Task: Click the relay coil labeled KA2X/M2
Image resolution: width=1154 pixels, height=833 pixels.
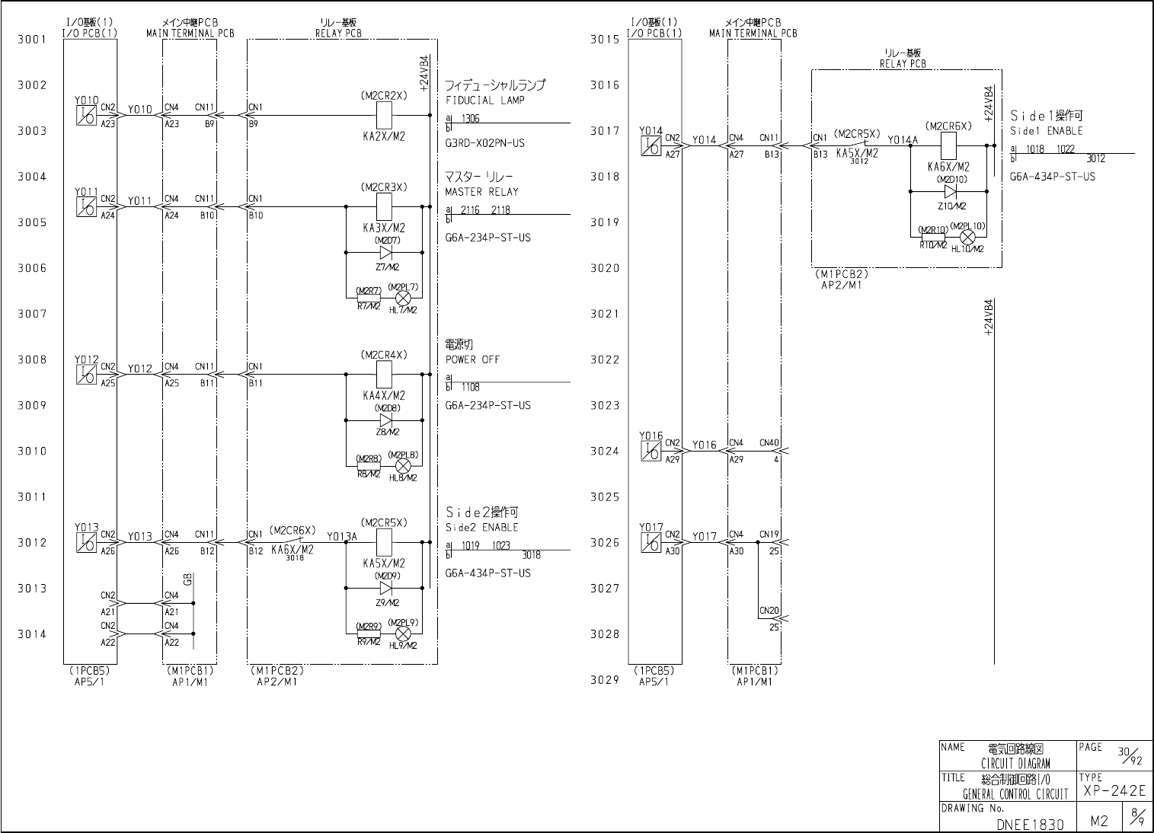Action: pyautogui.click(x=384, y=116)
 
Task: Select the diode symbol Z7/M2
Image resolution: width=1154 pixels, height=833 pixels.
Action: pyautogui.click(x=385, y=252)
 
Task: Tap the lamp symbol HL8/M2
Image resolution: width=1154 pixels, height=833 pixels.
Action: pyautogui.click(x=404, y=466)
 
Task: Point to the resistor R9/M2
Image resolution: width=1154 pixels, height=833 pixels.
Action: pyautogui.click(x=369, y=634)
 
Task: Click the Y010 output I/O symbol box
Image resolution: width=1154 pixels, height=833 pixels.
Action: pyautogui.click(x=86, y=115)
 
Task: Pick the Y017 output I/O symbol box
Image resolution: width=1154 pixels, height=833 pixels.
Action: pyautogui.click(x=651, y=542)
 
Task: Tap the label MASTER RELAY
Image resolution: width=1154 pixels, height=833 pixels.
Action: pyautogui.click(x=481, y=192)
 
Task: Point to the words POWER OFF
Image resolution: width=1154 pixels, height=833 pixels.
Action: pyautogui.click(x=472, y=359)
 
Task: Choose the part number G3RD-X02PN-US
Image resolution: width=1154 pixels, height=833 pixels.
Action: pyautogui.click(x=484, y=143)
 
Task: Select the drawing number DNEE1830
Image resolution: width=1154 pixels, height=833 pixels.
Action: pyautogui.click(x=1030, y=824)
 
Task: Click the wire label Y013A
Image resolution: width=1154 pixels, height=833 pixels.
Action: pyautogui.click(x=342, y=536)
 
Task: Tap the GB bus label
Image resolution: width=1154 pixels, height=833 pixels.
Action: pyautogui.click(x=187, y=580)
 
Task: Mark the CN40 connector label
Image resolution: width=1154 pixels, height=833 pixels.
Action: pyautogui.click(x=769, y=442)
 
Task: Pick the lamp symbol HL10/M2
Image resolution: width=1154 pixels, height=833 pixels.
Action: pyautogui.click(x=967, y=237)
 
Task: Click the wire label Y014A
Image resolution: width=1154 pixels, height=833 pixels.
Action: pyautogui.click(x=903, y=139)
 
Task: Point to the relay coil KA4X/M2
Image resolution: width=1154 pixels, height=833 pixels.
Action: pyautogui.click(x=384, y=375)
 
